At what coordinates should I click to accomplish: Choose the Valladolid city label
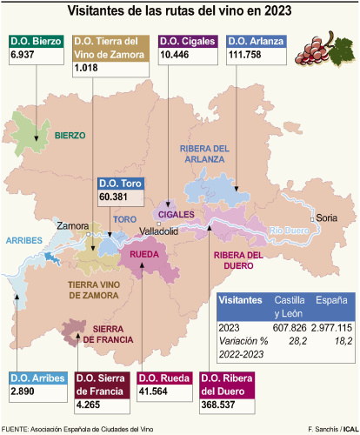click(159, 231)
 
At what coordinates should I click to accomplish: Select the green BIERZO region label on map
click(70, 136)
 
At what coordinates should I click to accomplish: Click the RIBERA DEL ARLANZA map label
click(203, 153)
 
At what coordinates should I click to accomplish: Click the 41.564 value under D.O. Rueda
click(156, 392)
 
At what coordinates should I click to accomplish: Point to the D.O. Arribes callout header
click(37, 378)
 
